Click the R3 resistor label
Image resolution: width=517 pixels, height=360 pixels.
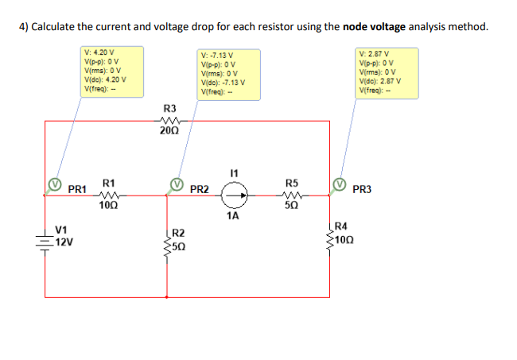[169, 107]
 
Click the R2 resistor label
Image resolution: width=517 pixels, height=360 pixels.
[180, 233]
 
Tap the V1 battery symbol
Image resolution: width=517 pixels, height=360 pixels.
[45, 237]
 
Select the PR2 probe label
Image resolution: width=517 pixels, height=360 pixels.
[200, 190]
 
